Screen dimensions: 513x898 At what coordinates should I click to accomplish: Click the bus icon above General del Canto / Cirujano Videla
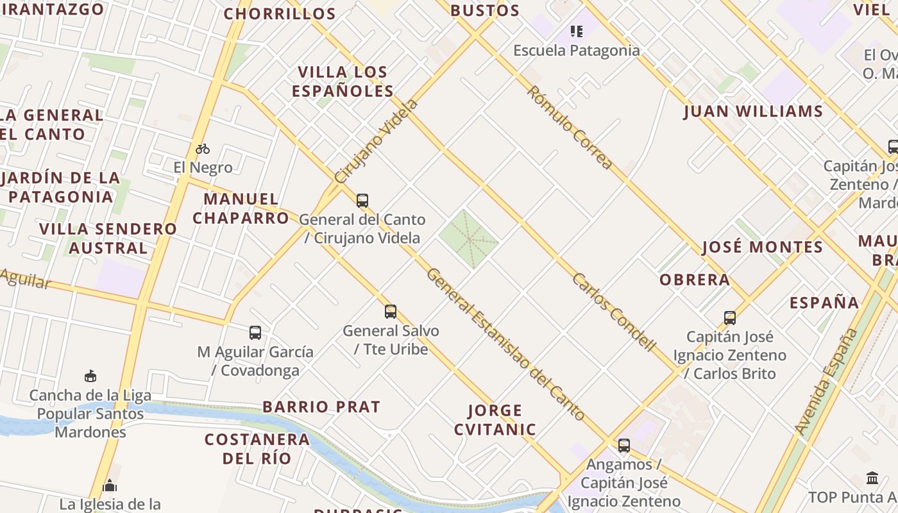coord(362,201)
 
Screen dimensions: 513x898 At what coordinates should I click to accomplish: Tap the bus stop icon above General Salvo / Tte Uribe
coord(391,312)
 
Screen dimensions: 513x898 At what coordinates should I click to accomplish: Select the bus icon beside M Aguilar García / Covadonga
coord(255,333)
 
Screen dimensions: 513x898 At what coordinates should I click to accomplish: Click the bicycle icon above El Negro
coord(203,149)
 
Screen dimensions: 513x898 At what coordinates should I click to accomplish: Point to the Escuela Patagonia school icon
coord(576,31)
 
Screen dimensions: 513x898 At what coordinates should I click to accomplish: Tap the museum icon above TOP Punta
coord(872,478)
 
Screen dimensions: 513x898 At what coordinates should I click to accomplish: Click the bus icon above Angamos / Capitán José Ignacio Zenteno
coord(623,446)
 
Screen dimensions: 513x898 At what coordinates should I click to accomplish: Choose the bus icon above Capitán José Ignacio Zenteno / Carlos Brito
coord(730,318)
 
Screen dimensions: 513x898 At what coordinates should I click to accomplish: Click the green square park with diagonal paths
coord(469,239)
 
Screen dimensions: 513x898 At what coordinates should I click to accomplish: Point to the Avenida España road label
coord(826,381)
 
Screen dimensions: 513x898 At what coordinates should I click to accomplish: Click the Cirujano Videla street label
coord(377,141)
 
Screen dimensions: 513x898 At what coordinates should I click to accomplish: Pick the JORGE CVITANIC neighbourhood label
coord(495,420)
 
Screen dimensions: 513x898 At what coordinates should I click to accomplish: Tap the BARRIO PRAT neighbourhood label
coord(321,407)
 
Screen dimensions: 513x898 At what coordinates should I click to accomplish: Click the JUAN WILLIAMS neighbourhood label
coord(753,112)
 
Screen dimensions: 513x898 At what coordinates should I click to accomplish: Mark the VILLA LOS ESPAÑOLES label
coord(343,81)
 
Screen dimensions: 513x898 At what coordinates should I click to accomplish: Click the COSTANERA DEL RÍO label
coord(257,449)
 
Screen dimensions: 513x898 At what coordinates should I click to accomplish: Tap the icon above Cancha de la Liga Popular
coord(90,376)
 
